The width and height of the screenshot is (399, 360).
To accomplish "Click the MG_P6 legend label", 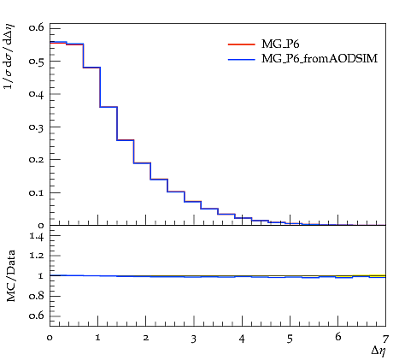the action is coord(280,44).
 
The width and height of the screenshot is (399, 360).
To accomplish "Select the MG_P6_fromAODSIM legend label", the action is coord(320,59).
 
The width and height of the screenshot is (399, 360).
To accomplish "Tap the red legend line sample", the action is coord(242,44).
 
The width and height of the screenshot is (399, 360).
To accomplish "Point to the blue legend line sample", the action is coord(242,59).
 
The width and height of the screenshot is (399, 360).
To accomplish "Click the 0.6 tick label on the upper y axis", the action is coord(37,27).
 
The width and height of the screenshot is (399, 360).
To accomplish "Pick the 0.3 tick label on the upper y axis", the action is coord(37,127).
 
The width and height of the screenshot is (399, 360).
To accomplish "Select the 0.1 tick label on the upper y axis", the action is coord(37,192).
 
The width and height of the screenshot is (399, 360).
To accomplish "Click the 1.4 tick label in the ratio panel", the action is coord(37,236).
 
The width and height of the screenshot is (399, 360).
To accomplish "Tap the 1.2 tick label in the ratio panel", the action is coord(37,256).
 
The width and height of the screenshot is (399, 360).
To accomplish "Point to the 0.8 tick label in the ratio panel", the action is coord(37,296).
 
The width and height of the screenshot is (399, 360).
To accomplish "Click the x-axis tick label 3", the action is coord(194,339).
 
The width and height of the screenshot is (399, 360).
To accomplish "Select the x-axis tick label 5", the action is coord(290,339).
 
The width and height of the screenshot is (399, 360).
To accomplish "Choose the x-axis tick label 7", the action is coord(385,339).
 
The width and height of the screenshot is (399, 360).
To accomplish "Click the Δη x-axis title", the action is coord(378,351).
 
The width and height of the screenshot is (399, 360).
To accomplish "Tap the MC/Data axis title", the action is coord(10,276).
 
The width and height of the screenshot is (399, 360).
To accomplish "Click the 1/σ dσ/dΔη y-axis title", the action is coord(9,56).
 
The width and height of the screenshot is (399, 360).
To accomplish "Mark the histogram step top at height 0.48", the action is coord(91,68).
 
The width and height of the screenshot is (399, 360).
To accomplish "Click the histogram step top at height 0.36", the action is coord(109,107).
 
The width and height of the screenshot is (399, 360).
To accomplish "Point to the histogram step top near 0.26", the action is coord(126,140).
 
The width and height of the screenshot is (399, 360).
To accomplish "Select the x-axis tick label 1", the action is coord(97,338).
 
